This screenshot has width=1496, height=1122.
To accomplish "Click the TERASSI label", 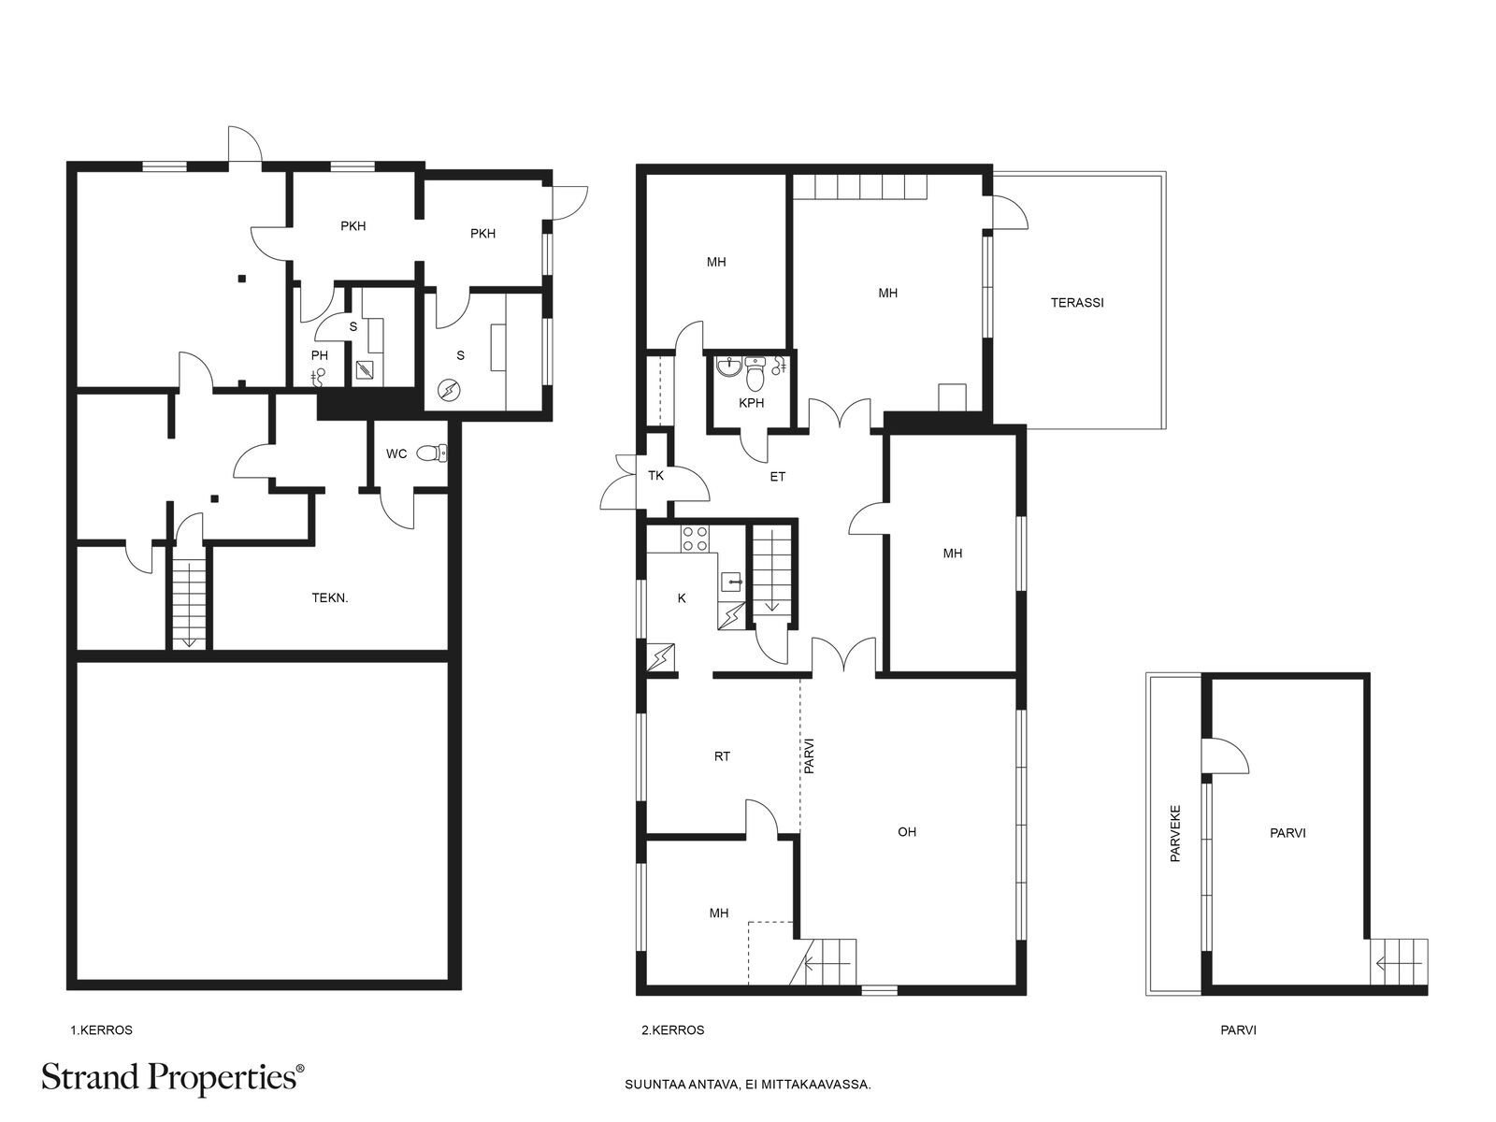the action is tap(1077, 302).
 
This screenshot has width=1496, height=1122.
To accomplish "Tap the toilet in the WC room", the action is tap(431, 453).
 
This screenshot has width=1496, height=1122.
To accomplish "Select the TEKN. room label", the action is tap(330, 598).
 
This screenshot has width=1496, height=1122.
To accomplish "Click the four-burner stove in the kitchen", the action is tap(695, 539).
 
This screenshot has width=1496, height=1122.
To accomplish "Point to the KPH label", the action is tap(751, 403).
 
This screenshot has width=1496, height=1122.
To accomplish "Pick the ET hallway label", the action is tap(778, 477).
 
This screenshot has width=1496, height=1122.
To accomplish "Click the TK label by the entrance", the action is tap(655, 476).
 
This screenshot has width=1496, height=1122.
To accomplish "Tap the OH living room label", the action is tap(906, 832).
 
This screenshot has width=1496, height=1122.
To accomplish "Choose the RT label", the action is tap(722, 756).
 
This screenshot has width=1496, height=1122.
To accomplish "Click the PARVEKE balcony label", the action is tap(1175, 834).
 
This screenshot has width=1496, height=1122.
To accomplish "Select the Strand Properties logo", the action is tap(173, 1079).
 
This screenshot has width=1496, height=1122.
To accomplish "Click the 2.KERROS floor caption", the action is tap(672, 1030).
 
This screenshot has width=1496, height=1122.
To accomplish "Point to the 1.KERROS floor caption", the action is tap(102, 1030).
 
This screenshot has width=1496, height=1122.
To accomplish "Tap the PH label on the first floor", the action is tap(319, 355).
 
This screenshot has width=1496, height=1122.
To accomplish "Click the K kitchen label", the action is tap(682, 598).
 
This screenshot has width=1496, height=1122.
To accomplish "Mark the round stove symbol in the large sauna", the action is tap(449, 390).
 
